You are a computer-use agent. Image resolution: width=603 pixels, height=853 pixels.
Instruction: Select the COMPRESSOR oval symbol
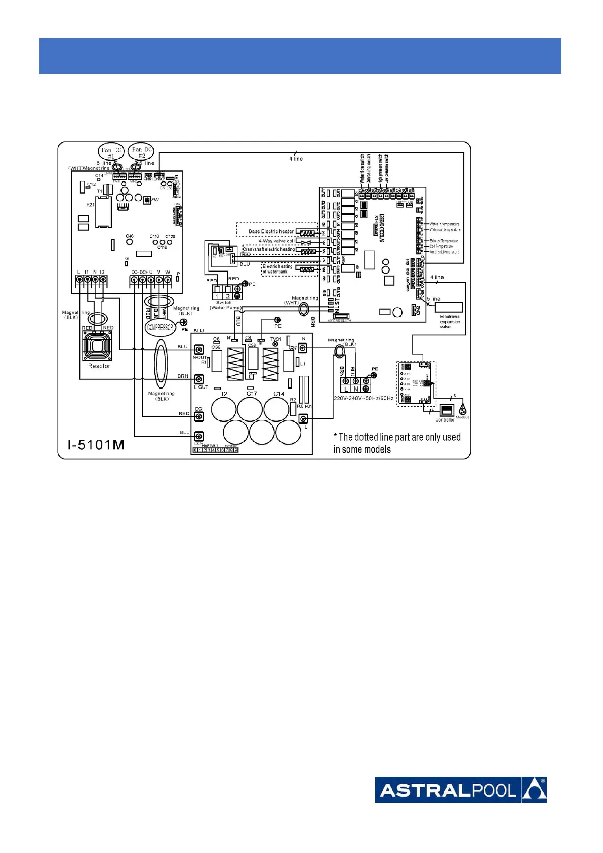click(x=160, y=327)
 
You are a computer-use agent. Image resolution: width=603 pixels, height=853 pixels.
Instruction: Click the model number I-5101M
click(x=96, y=445)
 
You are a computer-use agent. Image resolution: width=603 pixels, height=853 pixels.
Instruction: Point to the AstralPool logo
click(x=460, y=789)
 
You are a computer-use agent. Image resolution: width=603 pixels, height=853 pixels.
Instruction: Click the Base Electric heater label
click(x=271, y=231)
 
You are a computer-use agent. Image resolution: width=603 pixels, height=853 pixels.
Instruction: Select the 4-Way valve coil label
click(x=276, y=241)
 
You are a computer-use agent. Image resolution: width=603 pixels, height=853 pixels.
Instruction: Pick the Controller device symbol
click(x=446, y=410)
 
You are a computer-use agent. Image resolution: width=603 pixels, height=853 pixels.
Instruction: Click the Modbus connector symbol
click(x=463, y=410)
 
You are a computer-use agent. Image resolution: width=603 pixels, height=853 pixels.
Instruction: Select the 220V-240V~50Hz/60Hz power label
click(x=363, y=398)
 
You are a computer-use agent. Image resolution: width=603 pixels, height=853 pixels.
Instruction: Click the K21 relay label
click(x=90, y=205)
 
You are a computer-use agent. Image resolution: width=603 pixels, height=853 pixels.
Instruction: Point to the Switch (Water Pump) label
click(x=224, y=305)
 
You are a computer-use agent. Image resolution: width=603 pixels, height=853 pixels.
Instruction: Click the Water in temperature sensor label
click(x=444, y=224)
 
